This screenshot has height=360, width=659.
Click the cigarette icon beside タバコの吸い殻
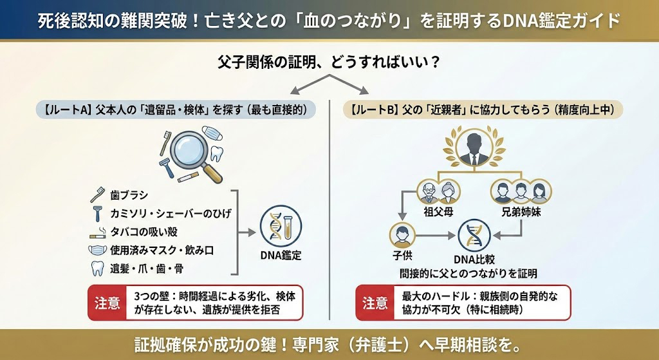[x=99, y=231]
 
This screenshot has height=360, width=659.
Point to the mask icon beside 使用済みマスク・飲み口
[x=99, y=250]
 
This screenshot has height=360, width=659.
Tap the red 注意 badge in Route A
[x=107, y=303]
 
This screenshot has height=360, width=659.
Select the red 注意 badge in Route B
[x=375, y=303]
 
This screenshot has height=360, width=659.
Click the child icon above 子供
[x=402, y=236]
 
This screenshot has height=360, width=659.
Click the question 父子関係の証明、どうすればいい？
[x=329, y=63]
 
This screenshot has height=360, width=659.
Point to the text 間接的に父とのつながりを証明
[x=469, y=273]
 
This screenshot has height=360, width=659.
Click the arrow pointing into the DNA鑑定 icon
[x=250, y=231]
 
